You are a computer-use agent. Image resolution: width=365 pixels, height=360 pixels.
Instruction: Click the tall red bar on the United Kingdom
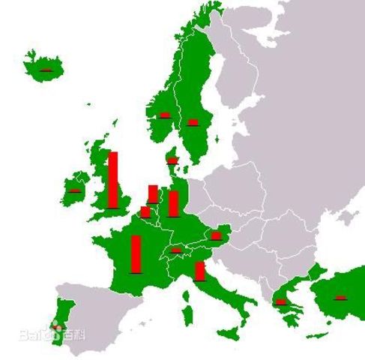[113, 179]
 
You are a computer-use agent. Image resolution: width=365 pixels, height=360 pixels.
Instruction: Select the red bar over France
[136, 254]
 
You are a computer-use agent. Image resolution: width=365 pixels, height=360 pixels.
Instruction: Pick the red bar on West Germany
[173, 203]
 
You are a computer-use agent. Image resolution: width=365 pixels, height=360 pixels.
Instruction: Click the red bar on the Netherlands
[153, 193]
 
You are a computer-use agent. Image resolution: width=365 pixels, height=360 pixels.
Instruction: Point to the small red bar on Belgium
[145, 211]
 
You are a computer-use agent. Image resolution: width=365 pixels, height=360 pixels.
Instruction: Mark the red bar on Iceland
[46, 69]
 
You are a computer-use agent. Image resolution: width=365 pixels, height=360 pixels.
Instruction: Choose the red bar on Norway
[165, 115]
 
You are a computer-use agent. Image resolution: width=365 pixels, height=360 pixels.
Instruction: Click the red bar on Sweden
[193, 121]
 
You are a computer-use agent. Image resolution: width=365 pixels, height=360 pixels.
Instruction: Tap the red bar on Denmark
[172, 159]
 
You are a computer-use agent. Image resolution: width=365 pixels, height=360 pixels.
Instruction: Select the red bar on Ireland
[74, 190]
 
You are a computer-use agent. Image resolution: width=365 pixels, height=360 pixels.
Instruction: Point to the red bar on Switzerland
[176, 250]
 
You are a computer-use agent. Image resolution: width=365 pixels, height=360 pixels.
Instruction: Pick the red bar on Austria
[216, 235]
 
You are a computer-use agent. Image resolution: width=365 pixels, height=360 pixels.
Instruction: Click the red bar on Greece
[280, 301]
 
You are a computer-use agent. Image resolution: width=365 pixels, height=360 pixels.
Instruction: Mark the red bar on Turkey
[340, 297]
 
